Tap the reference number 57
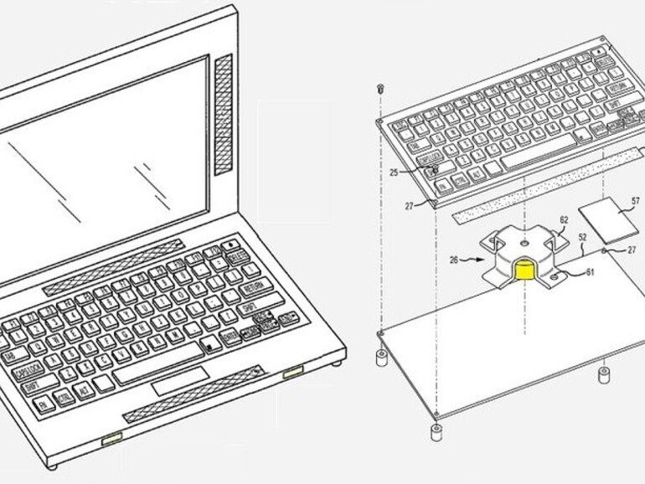coord(636,201)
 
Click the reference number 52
coord(580,238)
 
